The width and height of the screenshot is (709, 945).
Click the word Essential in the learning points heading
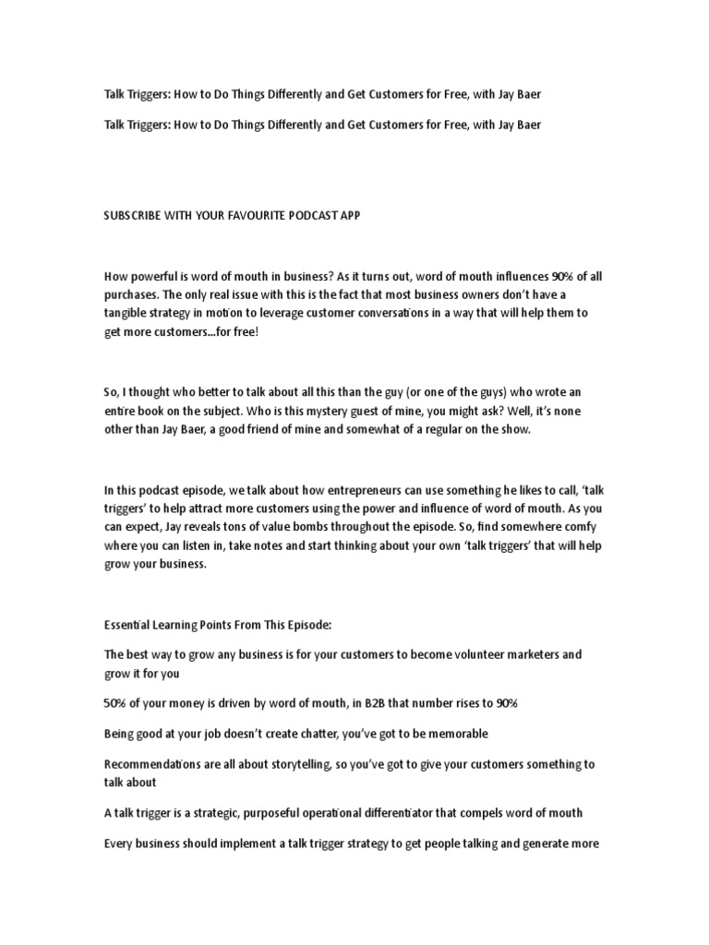pyautogui.click(x=129, y=624)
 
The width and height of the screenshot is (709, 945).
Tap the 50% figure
pyautogui.click(x=116, y=703)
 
